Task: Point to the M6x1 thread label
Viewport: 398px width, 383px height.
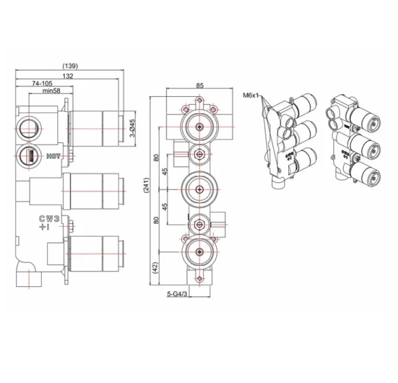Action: point(252,95)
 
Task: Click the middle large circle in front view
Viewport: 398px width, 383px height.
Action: point(199,189)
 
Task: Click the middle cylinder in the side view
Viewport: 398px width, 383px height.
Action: point(95,189)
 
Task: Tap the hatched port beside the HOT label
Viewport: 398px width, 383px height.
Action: point(29,157)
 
